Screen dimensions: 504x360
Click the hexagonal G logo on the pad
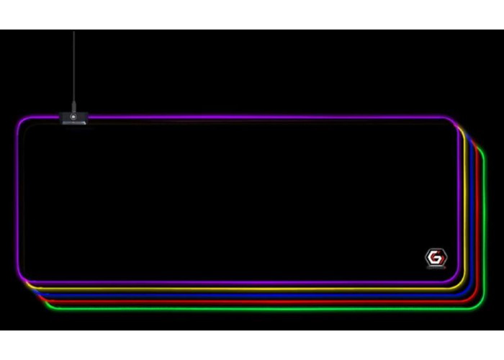(436, 257)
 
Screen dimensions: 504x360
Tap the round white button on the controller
(73, 117)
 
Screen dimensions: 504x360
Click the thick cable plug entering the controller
(73, 107)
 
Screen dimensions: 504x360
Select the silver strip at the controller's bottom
(74, 122)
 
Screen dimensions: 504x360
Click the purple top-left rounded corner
(22, 121)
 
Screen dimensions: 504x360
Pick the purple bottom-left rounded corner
(22, 279)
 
